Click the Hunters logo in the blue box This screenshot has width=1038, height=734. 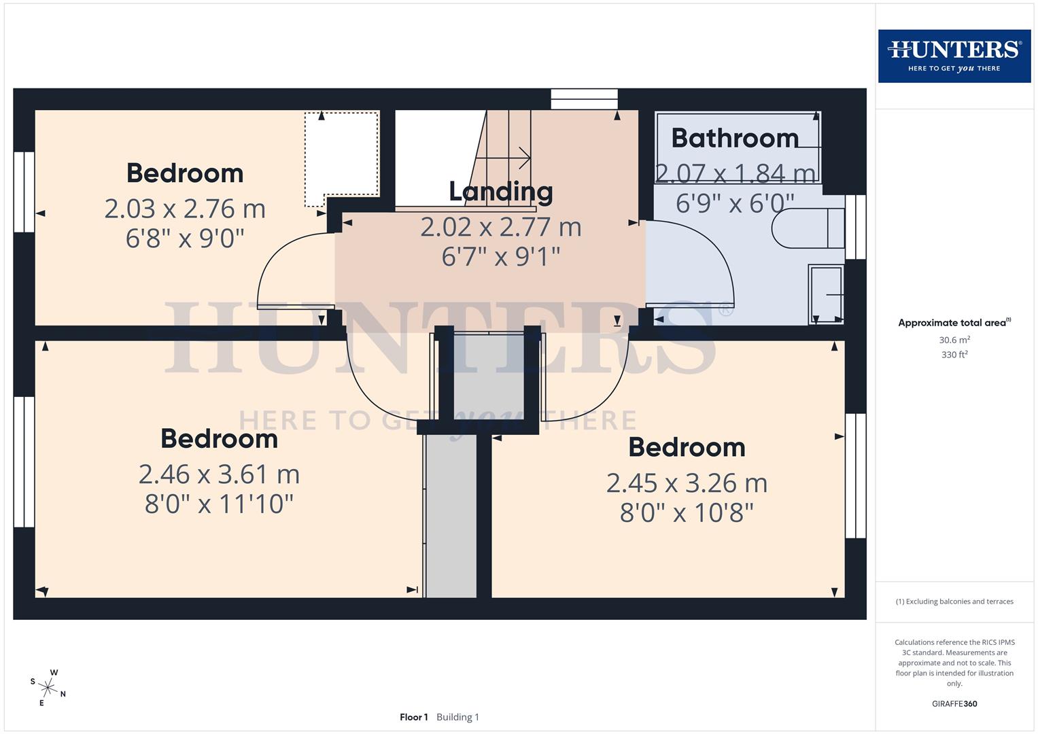coord(954,56)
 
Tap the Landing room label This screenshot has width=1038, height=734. coord(501,192)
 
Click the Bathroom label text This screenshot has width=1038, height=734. coord(735,138)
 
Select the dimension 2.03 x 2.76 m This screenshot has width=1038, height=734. coord(185,209)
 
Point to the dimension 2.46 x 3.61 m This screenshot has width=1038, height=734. coord(219,474)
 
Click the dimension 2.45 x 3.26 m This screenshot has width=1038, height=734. coord(687,483)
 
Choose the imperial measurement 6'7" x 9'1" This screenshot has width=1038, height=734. coord(501,257)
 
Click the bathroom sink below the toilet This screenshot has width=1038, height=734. coord(826,294)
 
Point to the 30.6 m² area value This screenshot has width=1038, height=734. coord(954,340)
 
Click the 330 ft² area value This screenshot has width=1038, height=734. coord(954,355)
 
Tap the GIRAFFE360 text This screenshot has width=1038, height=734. coord(954,704)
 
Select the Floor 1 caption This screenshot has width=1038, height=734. coord(414,717)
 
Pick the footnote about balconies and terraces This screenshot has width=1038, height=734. coord(954,601)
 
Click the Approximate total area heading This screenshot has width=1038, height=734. coord(954,323)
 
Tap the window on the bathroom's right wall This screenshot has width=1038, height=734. coord(856,227)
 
